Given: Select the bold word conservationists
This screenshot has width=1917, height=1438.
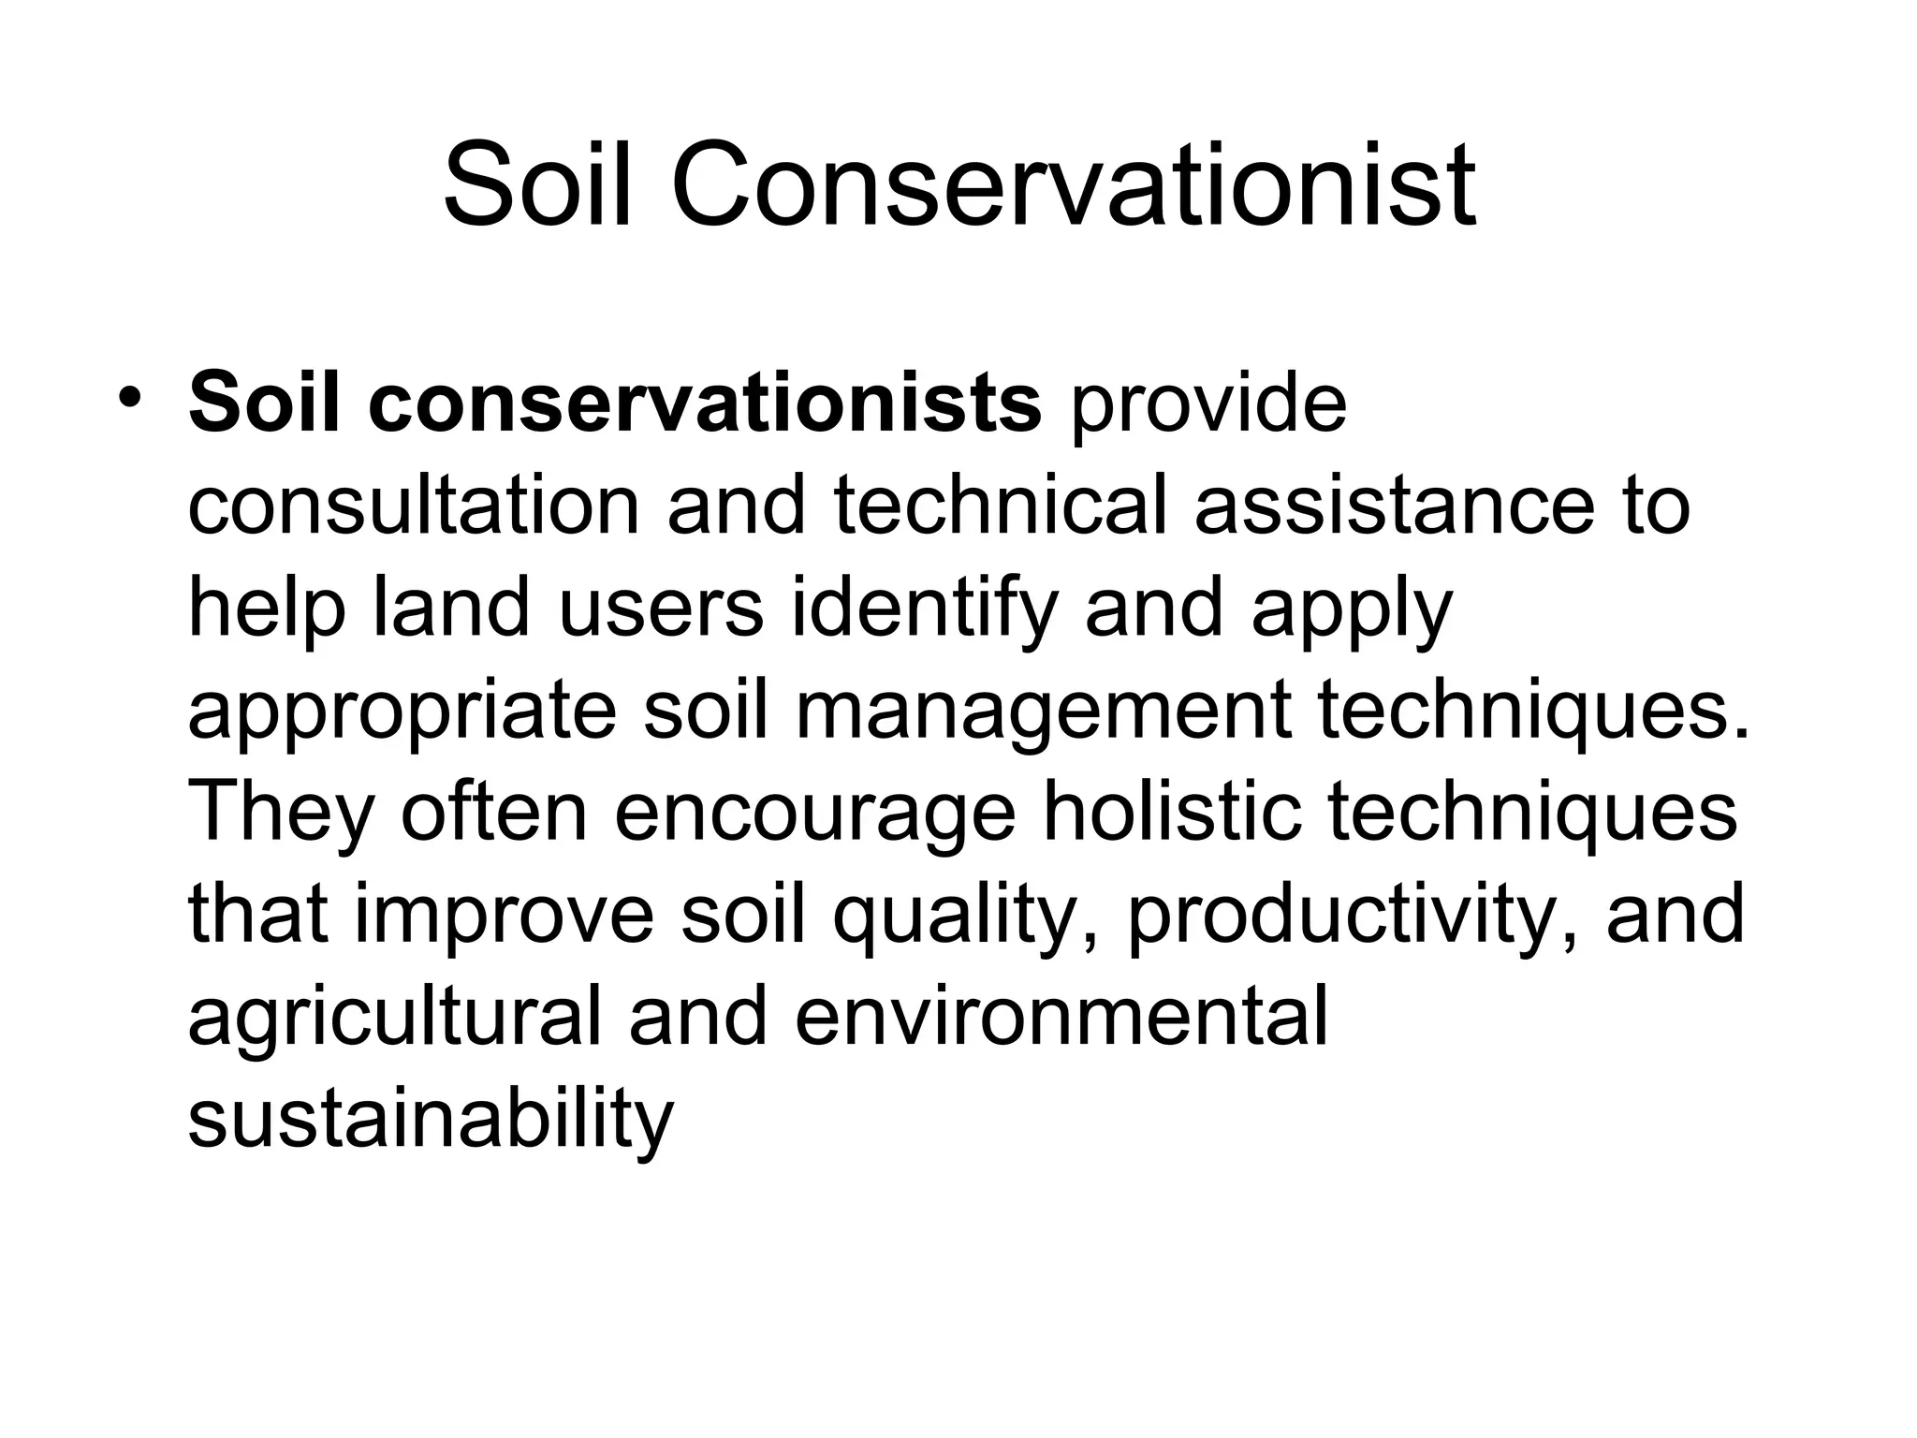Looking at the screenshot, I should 704,404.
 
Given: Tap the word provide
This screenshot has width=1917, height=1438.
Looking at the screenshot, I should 1208,404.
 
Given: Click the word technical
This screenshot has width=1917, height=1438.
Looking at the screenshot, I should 1000,506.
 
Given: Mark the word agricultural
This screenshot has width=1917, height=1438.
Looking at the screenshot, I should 394,1018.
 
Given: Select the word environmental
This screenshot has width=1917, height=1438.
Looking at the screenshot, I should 1061,1018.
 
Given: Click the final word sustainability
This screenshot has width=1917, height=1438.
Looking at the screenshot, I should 431,1120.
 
